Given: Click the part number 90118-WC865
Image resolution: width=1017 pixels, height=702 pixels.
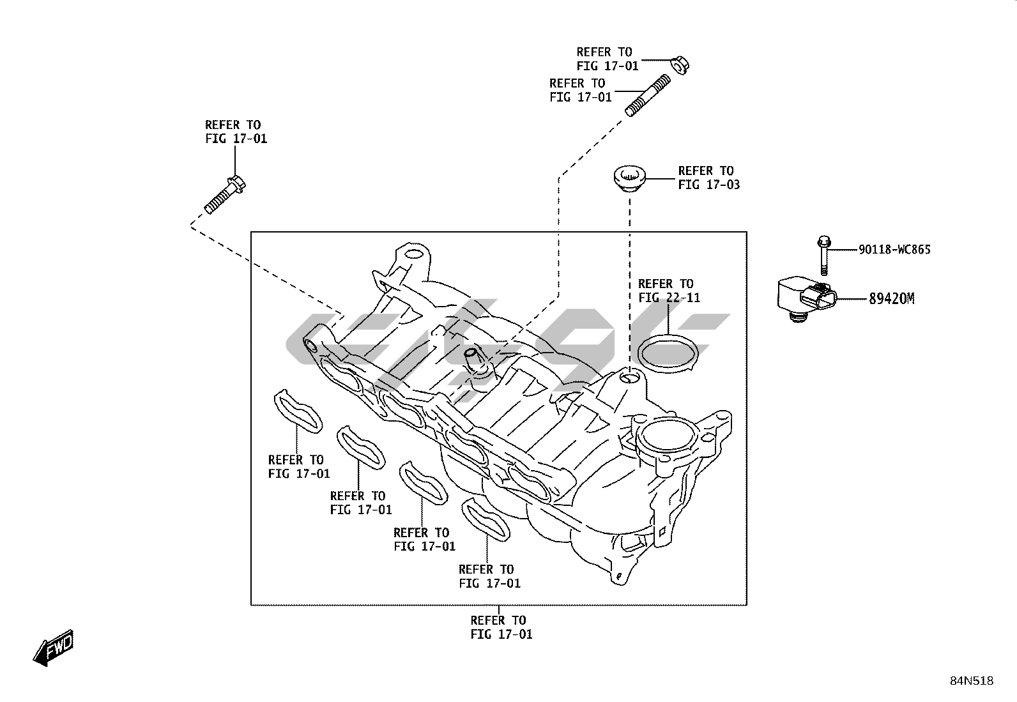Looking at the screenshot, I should (894, 249).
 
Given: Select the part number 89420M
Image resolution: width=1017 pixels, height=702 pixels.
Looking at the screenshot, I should (891, 298).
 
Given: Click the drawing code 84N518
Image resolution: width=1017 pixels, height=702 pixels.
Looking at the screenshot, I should (971, 680).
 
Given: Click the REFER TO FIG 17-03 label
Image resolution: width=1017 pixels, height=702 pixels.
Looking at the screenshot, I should (708, 178).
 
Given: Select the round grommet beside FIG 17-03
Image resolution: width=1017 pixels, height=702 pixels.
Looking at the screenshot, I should (630, 178).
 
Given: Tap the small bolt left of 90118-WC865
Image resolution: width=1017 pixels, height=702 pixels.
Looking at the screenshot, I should (823, 256).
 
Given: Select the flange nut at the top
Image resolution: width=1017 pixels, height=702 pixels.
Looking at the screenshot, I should (680, 65).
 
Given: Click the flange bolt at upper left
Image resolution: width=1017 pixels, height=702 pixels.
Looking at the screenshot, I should (225, 194).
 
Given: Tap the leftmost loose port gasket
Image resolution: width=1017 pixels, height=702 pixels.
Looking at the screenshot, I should (298, 412).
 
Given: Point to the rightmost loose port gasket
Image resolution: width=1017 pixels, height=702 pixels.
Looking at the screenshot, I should (487, 518).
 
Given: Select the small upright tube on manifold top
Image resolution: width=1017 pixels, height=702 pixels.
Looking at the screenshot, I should (473, 361).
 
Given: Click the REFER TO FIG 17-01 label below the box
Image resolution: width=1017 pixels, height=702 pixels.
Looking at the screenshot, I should (501, 627).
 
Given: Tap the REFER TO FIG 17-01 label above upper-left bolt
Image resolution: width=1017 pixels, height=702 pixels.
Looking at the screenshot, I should (236, 132).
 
